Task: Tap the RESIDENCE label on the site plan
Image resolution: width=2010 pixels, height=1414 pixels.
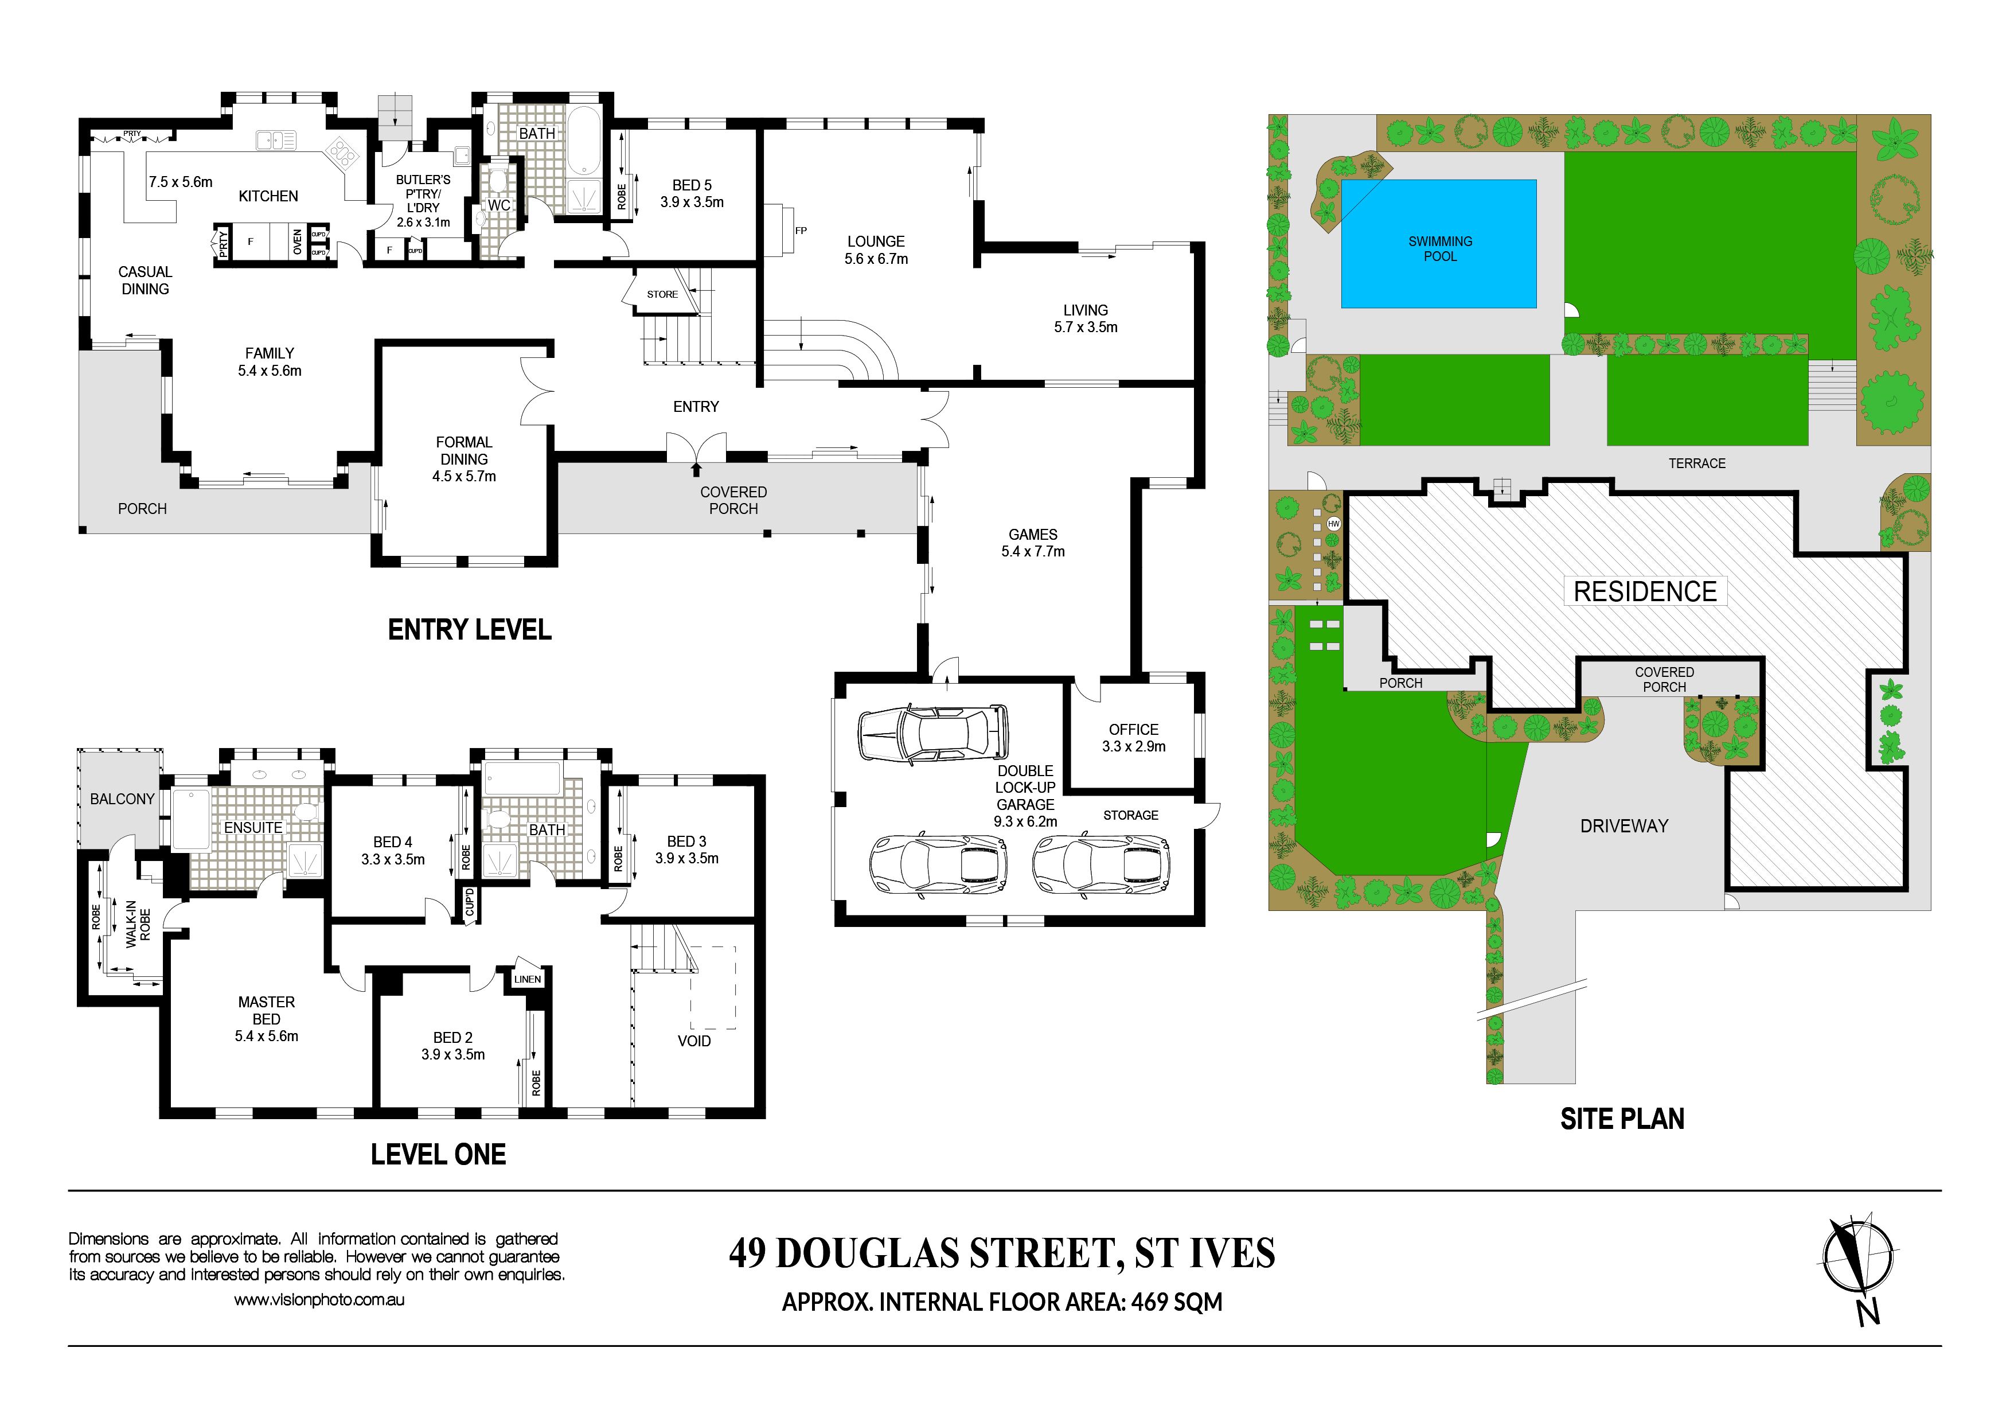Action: pos(1645,592)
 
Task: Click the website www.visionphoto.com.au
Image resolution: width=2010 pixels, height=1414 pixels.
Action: pos(319,1300)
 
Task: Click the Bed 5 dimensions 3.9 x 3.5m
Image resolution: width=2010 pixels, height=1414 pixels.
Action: pos(692,202)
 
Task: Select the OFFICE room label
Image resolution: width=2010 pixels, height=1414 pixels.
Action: pos(1134,729)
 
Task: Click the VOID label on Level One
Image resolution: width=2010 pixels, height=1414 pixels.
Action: pos(694,1041)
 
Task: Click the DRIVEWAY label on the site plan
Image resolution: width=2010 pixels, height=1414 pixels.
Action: pos(1624,825)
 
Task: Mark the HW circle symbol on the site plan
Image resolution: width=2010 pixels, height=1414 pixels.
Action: pos(1334,524)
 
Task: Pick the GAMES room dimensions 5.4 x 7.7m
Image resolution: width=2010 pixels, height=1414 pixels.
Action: pos(1033,552)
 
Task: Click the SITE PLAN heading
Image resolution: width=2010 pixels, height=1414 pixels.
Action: pos(1622,1119)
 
